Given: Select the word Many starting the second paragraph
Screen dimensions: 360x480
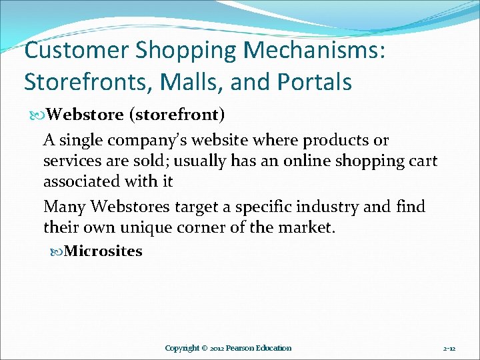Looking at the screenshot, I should pos(64,207).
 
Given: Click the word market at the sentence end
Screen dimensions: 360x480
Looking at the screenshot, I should pos(307,227).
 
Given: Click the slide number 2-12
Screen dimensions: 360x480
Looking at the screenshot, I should pos(449,348).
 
